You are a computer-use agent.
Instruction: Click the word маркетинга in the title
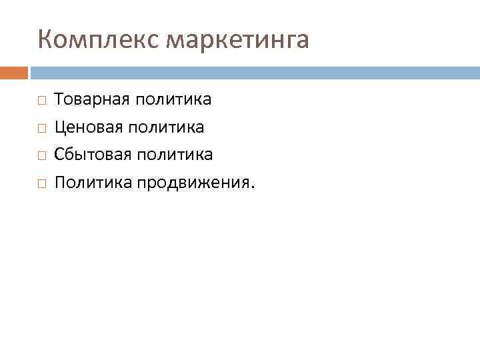coord(237,41)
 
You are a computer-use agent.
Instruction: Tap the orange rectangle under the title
coord(14,72)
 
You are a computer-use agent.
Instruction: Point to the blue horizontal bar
coord(254,72)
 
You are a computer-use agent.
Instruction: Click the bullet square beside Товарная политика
coord(41,101)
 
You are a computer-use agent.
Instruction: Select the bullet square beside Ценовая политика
coord(41,128)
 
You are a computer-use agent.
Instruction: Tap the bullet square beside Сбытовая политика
coord(41,155)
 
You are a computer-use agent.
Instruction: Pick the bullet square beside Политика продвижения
coord(41,183)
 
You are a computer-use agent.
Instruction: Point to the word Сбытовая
coord(93,155)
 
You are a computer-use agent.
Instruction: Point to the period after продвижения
coord(252,187)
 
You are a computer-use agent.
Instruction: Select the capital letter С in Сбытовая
coord(59,155)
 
